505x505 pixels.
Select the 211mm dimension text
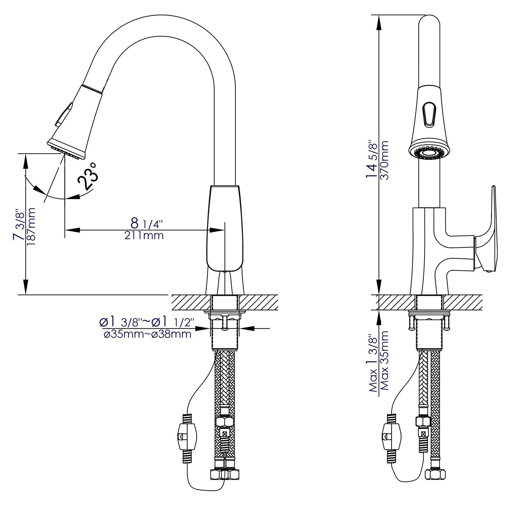[144, 235]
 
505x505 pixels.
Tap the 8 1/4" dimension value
[146, 223]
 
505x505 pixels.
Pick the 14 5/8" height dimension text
[372, 159]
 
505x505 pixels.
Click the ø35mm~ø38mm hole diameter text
[147, 334]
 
